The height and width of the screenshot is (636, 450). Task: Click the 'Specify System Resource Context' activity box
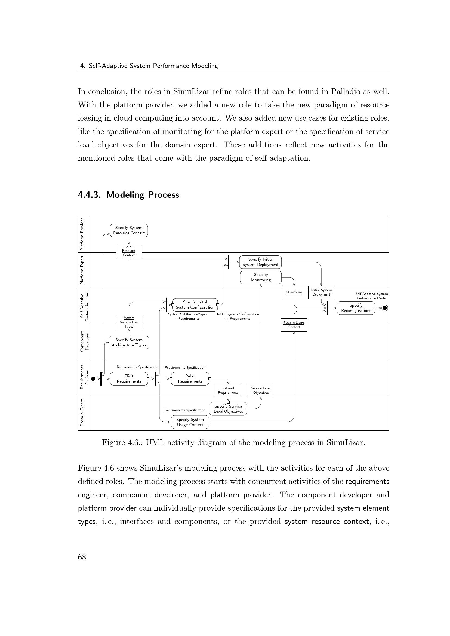point(129,231)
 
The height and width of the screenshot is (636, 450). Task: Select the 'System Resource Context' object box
point(129,251)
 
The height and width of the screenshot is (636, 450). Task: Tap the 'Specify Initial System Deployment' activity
point(260,262)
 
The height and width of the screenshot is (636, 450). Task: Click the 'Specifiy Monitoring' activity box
point(261,277)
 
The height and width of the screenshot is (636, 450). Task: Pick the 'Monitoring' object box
point(294,293)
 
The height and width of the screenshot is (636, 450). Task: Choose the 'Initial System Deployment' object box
point(321,293)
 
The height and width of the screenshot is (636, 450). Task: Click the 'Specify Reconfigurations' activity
point(356,308)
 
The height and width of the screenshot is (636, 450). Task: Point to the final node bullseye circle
point(385,308)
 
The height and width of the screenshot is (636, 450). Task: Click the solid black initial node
point(93,379)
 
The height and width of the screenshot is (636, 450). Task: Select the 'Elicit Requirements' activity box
point(129,379)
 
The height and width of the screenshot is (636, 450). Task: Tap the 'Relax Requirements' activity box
point(190,379)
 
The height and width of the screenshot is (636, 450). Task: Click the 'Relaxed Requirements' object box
point(228,390)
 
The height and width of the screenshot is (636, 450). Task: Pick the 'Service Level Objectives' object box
point(261,390)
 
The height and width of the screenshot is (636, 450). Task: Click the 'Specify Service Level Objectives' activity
point(228,409)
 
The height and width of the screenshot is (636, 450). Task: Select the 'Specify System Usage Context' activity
point(190,422)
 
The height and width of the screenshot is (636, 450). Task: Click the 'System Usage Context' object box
point(294,325)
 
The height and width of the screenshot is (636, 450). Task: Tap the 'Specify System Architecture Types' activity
point(129,343)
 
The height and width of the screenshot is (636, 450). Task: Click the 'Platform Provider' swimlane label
point(82,234)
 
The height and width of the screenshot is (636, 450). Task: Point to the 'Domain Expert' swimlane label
point(82,412)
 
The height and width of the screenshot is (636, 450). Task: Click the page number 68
point(82,557)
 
